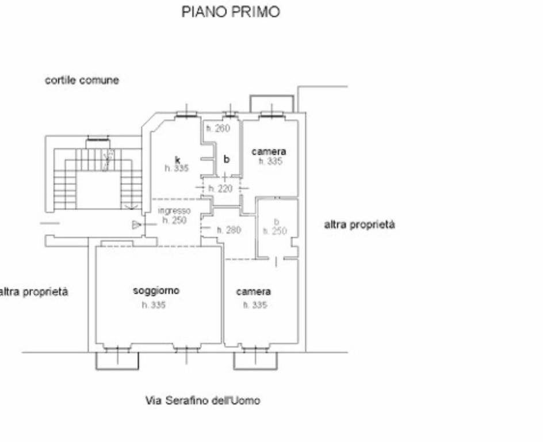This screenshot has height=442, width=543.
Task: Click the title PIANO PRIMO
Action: pyautogui.click(x=231, y=12)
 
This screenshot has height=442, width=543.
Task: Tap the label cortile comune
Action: pyautogui.click(x=82, y=81)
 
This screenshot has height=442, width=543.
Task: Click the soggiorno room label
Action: pyautogui.click(x=156, y=291)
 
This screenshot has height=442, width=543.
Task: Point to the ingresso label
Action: pyautogui.click(x=174, y=211)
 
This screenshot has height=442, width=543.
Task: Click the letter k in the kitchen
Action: pyautogui.click(x=178, y=159)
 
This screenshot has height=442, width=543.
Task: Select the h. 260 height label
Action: pyautogui.click(x=218, y=128)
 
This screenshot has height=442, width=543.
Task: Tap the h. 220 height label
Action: pyautogui.click(x=220, y=189)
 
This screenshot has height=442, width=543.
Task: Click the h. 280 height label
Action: pyautogui.click(x=229, y=230)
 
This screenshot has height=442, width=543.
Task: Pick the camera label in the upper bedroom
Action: pyautogui.click(x=269, y=152)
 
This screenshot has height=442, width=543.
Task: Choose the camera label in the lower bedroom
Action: pyautogui.click(x=254, y=292)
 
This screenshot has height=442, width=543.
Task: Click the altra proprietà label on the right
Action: pyautogui.click(x=360, y=225)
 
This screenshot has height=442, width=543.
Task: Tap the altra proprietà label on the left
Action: pyautogui.click(x=33, y=292)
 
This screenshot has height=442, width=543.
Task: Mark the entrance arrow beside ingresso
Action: pyautogui.click(x=136, y=224)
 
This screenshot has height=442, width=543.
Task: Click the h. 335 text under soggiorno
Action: pyautogui.click(x=154, y=305)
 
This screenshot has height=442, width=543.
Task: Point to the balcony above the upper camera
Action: pyautogui.click(x=271, y=104)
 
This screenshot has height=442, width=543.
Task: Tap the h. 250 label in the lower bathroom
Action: pyautogui.click(x=275, y=231)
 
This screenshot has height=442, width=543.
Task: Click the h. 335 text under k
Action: pyautogui.click(x=177, y=169)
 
